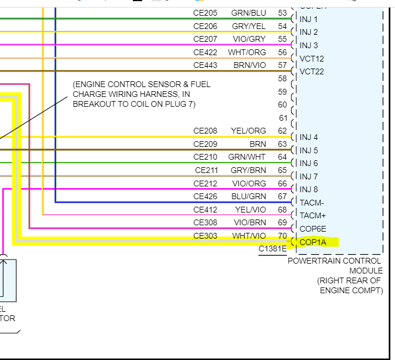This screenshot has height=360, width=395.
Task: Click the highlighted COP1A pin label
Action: (x=313, y=242)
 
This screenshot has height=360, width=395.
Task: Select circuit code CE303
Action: (x=205, y=236)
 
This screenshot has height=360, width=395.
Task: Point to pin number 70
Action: (x=282, y=236)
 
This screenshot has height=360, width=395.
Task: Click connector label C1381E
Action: (x=273, y=249)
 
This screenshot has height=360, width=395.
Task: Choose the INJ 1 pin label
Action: (x=309, y=19)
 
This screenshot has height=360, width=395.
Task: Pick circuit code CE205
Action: (x=205, y=13)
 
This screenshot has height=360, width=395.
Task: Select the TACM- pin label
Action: (x=313, y=203)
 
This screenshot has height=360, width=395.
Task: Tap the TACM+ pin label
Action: (x=313, y=215)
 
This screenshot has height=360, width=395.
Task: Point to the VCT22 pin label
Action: (x=311, y=71)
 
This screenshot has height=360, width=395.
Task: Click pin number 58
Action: (x=282, y=78)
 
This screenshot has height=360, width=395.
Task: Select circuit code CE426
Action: (x=205, y=196)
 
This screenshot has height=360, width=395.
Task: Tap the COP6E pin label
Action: (x=313, y=229)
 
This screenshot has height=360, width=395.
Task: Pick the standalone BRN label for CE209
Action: (x=258, y=144)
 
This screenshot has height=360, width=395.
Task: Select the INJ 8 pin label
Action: (x=309, y=189)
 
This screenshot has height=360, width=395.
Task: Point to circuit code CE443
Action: (x=205, y=65)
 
